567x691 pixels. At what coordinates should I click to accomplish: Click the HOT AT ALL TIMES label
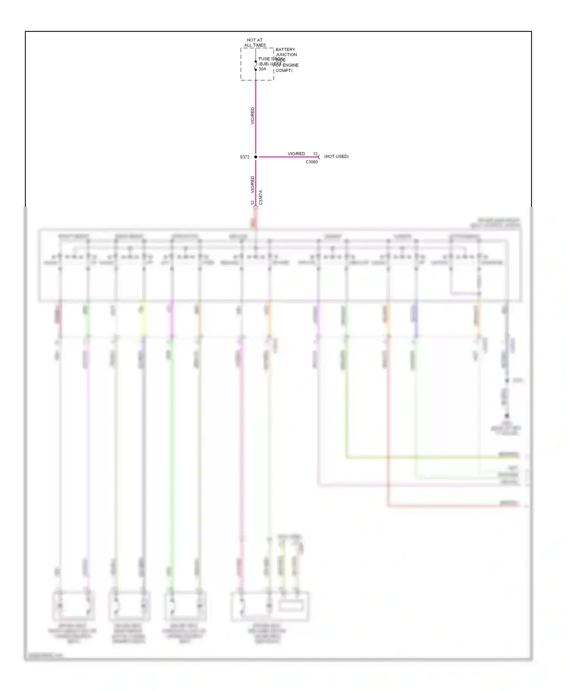coord(255,42)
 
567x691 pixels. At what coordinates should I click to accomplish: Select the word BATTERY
coord(285,50)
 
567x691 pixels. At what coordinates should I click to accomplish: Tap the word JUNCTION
coord(286,55)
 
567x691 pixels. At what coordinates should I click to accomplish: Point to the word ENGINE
coord(290,65)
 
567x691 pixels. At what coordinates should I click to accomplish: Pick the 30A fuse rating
coord(262,69)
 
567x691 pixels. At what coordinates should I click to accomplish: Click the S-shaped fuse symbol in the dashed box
coord(256,66)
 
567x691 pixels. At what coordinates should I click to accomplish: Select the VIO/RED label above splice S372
coord(253,116)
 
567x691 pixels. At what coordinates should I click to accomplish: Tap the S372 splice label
coord(245,157)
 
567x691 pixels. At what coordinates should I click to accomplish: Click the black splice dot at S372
coord(256,157)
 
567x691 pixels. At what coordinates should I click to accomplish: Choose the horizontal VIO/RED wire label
coord(296,154)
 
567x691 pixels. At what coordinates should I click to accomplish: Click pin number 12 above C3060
coord(315,154)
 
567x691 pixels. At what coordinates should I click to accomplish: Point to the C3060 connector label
coord(311,162)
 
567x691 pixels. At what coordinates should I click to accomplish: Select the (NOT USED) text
coord(336,156)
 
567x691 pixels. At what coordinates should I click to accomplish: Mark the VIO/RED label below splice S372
coord(253,184)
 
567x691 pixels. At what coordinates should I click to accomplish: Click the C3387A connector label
coord(260,198)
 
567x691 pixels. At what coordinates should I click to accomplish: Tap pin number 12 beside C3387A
coord(253,203)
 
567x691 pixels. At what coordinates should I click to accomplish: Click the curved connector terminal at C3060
coord(319,157)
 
